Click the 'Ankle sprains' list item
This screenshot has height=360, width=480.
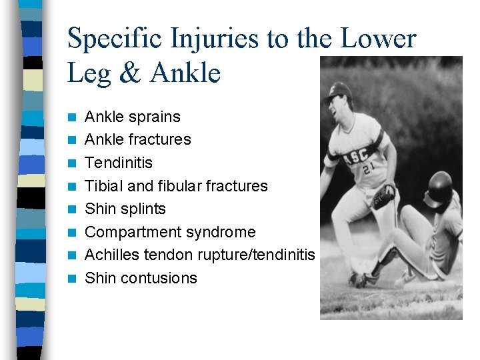133,117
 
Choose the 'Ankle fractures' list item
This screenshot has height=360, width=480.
138,139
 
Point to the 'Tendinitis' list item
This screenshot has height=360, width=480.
119,163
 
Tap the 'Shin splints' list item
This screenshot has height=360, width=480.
125,209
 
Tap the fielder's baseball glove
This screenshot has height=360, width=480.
384,196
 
